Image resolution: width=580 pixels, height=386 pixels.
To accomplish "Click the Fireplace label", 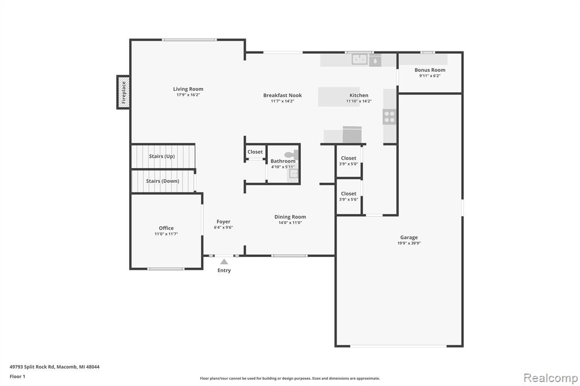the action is click(x=123, y=92).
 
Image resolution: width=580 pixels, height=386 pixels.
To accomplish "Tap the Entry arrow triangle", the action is click(x=224, y=262).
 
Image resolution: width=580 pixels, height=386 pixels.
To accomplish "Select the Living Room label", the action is click(x=188, y=89).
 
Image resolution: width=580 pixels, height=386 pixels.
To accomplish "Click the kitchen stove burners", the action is click(x=390, y=117).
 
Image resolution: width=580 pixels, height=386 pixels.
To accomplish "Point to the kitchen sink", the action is click(x=359, y=59).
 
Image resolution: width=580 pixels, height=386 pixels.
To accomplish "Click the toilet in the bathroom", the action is click(x=292, y=155).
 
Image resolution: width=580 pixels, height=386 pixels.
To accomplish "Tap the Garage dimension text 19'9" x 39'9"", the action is click(x=409, y=243).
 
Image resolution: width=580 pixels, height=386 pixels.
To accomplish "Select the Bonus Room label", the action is click(x=430, y=70).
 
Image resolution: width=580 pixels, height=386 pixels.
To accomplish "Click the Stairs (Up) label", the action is click(x=162, y=156).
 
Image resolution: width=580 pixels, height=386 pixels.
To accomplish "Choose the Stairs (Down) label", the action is click(x=163, y=181).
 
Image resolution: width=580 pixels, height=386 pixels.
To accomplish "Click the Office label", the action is click(x=167, y=228).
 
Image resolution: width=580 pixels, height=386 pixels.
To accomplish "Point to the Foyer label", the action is click(x=223, y=221).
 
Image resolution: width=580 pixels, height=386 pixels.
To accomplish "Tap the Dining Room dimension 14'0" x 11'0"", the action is click(x=291, y=222).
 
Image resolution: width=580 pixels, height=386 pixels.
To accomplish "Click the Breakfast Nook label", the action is click(x=283, y=95).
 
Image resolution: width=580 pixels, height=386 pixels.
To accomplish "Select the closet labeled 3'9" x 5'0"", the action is click(x=349, y=161).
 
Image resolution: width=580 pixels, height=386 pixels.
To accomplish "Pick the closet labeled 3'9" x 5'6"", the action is click(x=349, y=196).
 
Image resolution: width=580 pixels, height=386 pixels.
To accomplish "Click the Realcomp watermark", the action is click(x=551, y=378).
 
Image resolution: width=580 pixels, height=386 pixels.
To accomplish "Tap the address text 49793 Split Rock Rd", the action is click(x=32, y=367).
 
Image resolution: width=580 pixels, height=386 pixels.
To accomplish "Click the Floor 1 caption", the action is click(x=18, y=376).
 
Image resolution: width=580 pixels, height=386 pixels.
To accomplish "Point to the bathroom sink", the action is click(x=293, y=174).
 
